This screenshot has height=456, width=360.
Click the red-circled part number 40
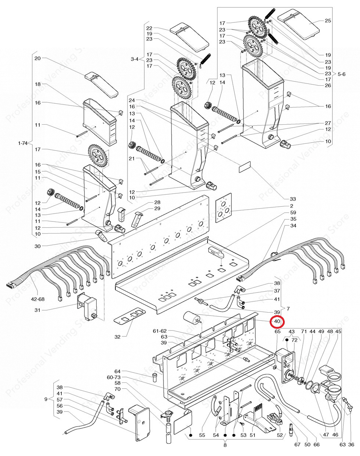point(277,321)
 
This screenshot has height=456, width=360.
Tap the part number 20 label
point(37,58)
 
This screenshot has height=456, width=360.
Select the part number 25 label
point(328,21)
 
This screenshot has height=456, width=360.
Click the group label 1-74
point(23,143)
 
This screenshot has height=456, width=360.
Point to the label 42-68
point(38,299)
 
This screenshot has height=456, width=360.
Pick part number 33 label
point(293,199)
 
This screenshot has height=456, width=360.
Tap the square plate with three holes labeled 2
point(223,208)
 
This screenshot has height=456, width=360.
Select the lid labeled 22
point(190,37)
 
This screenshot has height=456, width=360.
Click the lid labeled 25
point(299,24)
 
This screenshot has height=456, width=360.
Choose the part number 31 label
point(37,310)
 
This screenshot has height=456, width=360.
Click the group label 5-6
point(341,74)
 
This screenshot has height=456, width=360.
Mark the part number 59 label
point(293,213)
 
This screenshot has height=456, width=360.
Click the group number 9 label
point(46,399)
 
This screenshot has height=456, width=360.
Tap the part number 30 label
point(37,246)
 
